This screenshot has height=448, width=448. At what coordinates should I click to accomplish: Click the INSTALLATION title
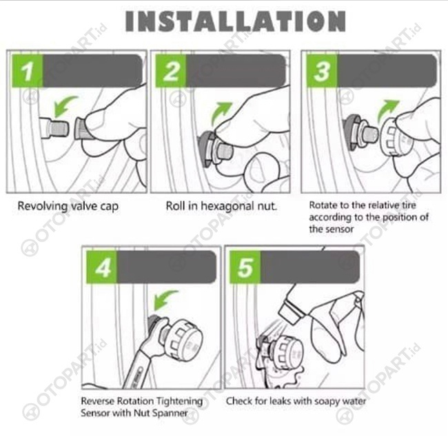click(236, 21)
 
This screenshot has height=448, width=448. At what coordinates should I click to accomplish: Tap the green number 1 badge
click(28, 71)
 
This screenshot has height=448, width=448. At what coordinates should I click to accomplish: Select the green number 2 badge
click(171, 71)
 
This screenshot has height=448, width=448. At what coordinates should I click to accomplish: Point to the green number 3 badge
click(322, 71)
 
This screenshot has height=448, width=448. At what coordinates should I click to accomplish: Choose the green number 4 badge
click(102, 267)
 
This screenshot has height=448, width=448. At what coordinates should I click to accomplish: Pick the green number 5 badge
click(245, 267)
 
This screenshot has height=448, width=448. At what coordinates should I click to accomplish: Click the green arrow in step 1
click(65, 106)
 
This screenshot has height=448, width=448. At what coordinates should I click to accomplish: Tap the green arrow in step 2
click(221, 113)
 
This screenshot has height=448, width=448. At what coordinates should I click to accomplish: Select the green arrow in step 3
click(387, 111)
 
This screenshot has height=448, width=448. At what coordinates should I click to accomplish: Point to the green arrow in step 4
click(165, 301)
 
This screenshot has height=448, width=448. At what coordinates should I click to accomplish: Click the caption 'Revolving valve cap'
click(68, 206)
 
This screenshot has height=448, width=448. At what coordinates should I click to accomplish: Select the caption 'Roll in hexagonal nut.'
click(221, 206)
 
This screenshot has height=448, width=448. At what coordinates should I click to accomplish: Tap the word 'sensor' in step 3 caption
click(339, 229)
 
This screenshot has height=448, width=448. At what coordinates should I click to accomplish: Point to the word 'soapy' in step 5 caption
click(327, 401)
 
